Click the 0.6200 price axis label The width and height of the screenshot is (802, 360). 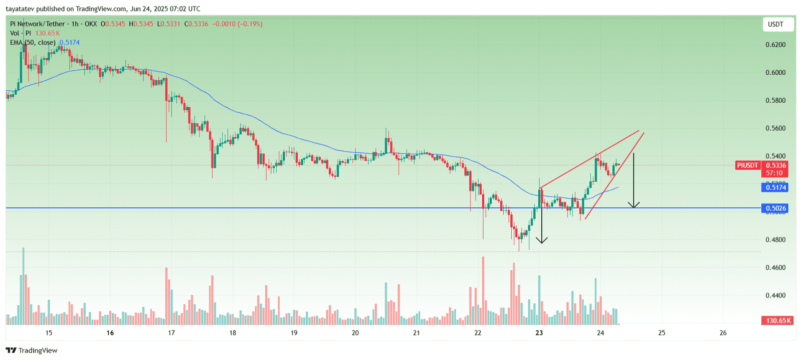[x=775, y=45]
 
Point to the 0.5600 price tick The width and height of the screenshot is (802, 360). [x=775, y=128]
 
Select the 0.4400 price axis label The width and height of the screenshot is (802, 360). [x=775, y=295]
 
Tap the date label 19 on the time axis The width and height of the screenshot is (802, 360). [x=294, y=333]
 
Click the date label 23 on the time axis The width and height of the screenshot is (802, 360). [x=539, y=333]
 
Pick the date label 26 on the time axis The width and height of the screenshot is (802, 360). [x=723, y=333]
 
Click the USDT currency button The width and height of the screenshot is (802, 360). [x=775, y=25]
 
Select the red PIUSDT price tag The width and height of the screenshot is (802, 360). [x=747, y=165]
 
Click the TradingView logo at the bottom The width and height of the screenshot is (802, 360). [x=32, y=350]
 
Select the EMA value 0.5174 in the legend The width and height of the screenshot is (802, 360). [x=69, y=43]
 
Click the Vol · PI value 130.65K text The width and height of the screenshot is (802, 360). [x=47, y=33]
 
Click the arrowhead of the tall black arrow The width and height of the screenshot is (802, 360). [x=634, y=205]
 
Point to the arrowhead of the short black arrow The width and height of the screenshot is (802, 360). [x=541, y=240]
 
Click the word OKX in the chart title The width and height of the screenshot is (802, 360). [x=90, y=24]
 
